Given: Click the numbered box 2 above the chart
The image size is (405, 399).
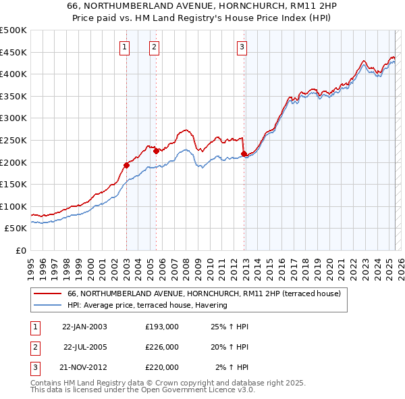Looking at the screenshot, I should coord(155,47).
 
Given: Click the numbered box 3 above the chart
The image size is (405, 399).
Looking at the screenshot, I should coord(242,47).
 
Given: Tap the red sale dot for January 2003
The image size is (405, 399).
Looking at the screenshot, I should coord(126,164).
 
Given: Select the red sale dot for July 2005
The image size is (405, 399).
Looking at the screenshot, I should coord(156,151).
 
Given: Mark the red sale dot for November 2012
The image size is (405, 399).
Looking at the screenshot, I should coord(244,154).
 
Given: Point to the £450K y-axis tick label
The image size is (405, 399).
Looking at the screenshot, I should coord(13,52).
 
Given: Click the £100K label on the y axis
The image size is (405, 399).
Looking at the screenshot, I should coord(13,206).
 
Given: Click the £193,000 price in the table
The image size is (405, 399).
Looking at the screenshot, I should coord(162,326).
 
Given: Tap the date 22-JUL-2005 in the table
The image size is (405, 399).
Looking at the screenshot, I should coord(85,346).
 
